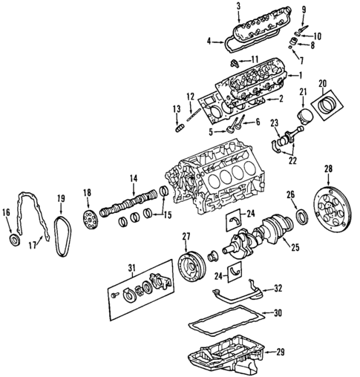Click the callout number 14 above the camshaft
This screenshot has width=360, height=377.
click(x=134, y=179)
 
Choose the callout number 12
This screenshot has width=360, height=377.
click(x=191, y=95)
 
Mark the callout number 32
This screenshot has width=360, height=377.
click(x=277, y=287)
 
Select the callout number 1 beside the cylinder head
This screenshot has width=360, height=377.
click(x=301, y=75)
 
